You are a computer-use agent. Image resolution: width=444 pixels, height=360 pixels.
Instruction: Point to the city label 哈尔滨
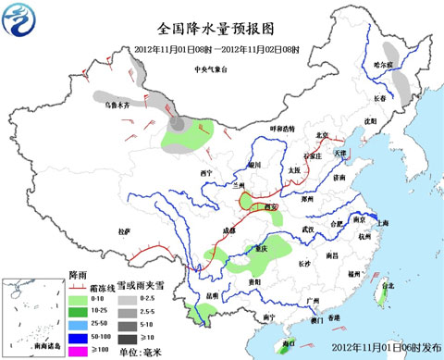(383, 65)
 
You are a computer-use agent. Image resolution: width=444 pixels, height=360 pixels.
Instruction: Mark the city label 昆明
(212, 296)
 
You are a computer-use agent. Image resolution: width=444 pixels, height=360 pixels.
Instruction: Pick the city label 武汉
(308, 229)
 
